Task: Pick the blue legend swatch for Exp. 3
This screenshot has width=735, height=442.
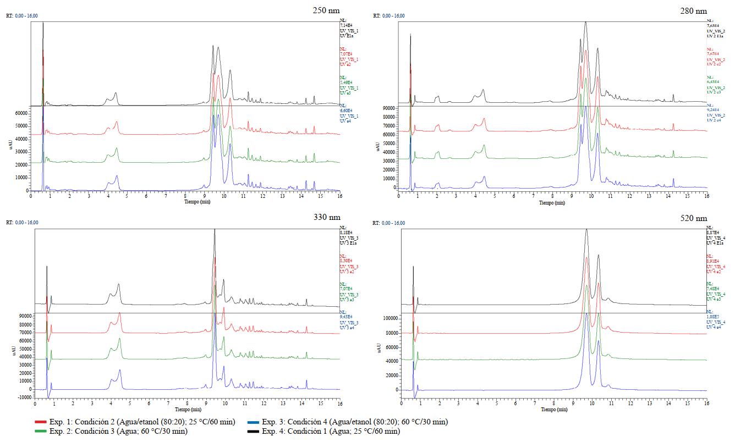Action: coord(254,422)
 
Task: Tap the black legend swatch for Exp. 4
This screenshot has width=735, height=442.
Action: coord(254,432)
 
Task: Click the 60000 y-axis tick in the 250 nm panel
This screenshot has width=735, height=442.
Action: coord(20,113)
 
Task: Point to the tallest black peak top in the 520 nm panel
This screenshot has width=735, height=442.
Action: coord(586,229)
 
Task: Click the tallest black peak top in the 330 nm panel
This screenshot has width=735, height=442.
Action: coord(215,230)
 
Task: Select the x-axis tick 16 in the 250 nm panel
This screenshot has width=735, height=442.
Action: coord(339,196)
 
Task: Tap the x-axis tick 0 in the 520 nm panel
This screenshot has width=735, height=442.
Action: coord(402,403)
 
